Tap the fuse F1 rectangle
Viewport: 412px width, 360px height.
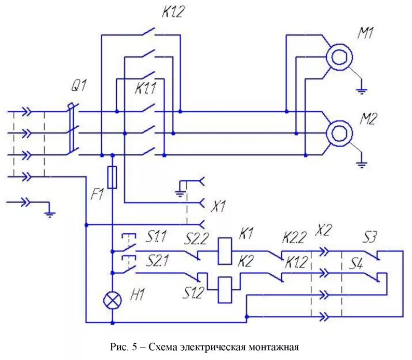(x=112, y=178)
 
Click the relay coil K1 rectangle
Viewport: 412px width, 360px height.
(x=225, y=250)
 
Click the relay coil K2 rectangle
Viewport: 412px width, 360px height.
(x=225, y=289)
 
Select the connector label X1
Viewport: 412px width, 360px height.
(x=218, y=207)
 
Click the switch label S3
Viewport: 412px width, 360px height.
(x=371, y=237)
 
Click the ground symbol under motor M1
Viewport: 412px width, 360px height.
(x=362, y=91)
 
